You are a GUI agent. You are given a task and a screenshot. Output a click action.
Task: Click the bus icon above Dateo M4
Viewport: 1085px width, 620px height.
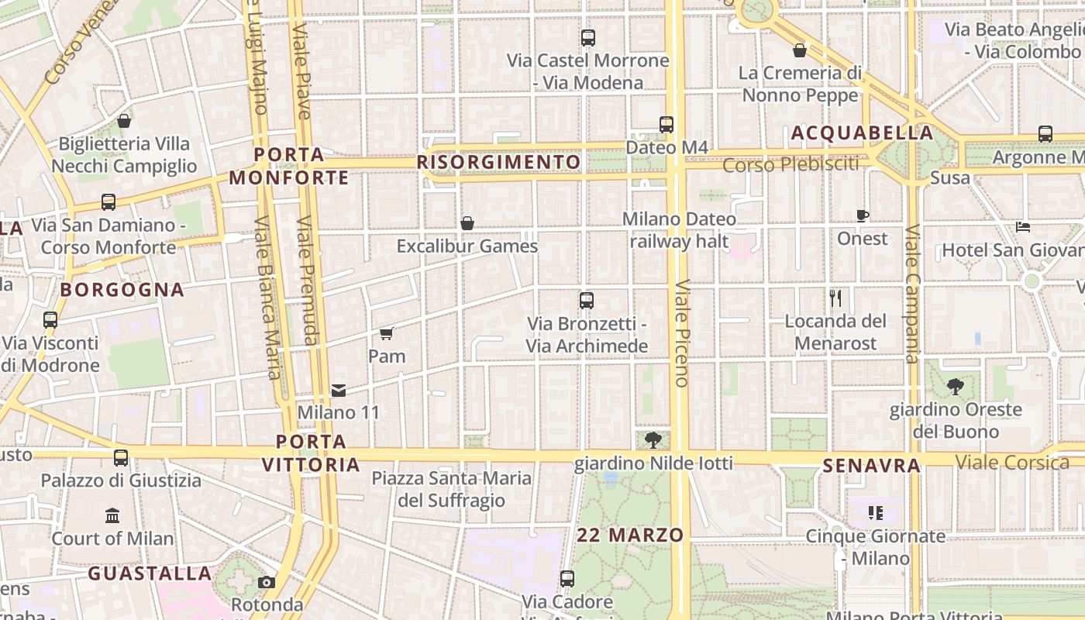666,124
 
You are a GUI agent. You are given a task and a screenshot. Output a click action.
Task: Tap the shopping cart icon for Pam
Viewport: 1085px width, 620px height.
387,334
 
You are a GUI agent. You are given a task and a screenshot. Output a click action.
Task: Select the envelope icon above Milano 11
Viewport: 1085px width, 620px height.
339,390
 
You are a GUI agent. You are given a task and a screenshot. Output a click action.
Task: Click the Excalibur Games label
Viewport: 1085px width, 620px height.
467,246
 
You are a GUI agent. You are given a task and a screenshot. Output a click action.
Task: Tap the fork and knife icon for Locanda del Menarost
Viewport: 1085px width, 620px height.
835,298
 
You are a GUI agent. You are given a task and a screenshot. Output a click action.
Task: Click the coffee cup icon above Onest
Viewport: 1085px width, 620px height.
863,215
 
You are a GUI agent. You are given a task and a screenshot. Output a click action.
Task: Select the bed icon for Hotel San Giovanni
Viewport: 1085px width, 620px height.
1023,228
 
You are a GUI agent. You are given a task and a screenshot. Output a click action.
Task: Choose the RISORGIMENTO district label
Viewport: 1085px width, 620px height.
499,162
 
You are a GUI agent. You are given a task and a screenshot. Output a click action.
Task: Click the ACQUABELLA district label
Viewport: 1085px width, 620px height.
863,133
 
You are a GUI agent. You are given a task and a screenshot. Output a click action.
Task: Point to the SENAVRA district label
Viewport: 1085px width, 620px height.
872,466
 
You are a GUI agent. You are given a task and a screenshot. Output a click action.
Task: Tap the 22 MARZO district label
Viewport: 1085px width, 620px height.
630,535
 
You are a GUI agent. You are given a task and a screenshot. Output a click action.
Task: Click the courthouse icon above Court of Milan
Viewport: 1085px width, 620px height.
112,515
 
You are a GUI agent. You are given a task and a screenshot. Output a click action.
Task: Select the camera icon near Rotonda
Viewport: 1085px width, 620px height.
267,582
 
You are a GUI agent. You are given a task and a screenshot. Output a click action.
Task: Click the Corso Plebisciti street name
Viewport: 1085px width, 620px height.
791,164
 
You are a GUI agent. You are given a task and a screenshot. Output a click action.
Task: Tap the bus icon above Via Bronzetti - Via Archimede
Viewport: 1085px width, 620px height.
587,301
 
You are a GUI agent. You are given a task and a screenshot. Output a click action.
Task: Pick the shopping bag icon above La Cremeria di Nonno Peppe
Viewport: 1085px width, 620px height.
800,51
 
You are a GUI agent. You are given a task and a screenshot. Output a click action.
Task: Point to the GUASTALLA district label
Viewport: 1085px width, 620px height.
150,573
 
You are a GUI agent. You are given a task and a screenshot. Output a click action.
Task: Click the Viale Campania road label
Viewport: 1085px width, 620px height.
912,294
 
